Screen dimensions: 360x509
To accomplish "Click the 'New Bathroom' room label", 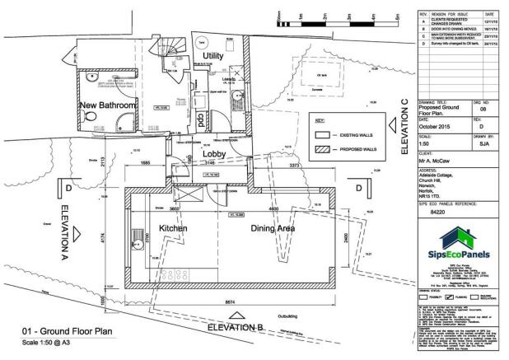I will tap(109, 105).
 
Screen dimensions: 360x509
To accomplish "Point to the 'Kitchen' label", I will tap(173, 227).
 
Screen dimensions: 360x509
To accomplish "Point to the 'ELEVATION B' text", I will tap(235, 327).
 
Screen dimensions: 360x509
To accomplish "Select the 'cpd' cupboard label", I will tap(199, 119).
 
